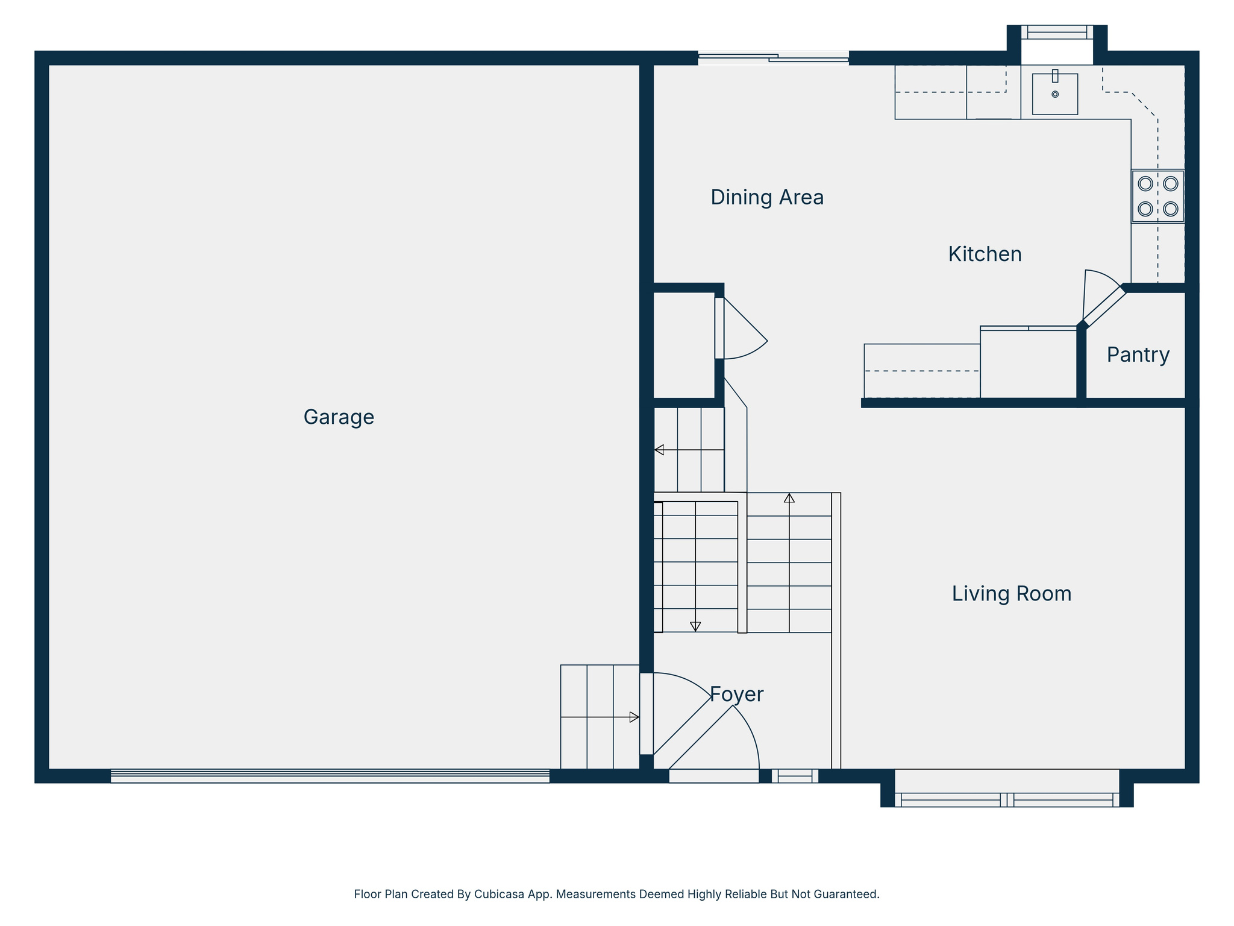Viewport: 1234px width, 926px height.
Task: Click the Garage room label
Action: (x=339, y=417)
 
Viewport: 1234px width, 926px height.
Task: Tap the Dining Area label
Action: (x=766, y=198)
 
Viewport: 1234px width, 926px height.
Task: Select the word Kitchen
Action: (x=985, y=254)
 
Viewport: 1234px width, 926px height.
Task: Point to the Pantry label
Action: (x=1138, y=355)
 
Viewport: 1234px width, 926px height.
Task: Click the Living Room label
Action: (x=1011, y=594)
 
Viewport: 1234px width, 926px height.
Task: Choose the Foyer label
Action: (x=736, y=694)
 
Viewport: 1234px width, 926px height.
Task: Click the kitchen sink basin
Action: (x=1054, y=94)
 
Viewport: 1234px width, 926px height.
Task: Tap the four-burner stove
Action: (x=1157, y=197)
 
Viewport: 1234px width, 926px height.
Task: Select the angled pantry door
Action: (x=1104, y=307)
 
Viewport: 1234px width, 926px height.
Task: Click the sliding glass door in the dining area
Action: (x=773, y=58)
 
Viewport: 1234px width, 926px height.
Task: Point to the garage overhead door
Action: (x=330, y=776)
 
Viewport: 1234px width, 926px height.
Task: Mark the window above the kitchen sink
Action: (x=1057, y=32)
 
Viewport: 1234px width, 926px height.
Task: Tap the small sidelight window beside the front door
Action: (x=795, y=776)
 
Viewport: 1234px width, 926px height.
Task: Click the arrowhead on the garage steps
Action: (x=634, y=717)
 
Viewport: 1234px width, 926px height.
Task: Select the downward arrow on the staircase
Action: (x=695, y=626)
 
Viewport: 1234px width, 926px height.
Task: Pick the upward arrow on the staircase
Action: (x=789, y=498)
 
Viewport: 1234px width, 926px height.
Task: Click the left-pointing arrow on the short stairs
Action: (x=659, y=450)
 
